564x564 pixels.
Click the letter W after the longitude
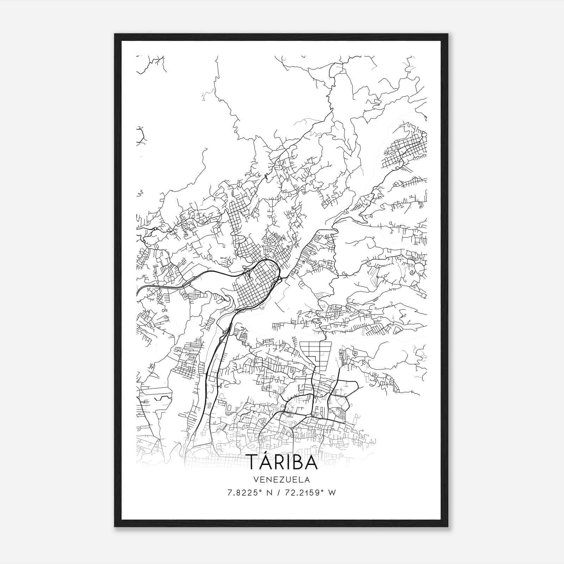332,493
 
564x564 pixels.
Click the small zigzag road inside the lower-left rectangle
163,398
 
